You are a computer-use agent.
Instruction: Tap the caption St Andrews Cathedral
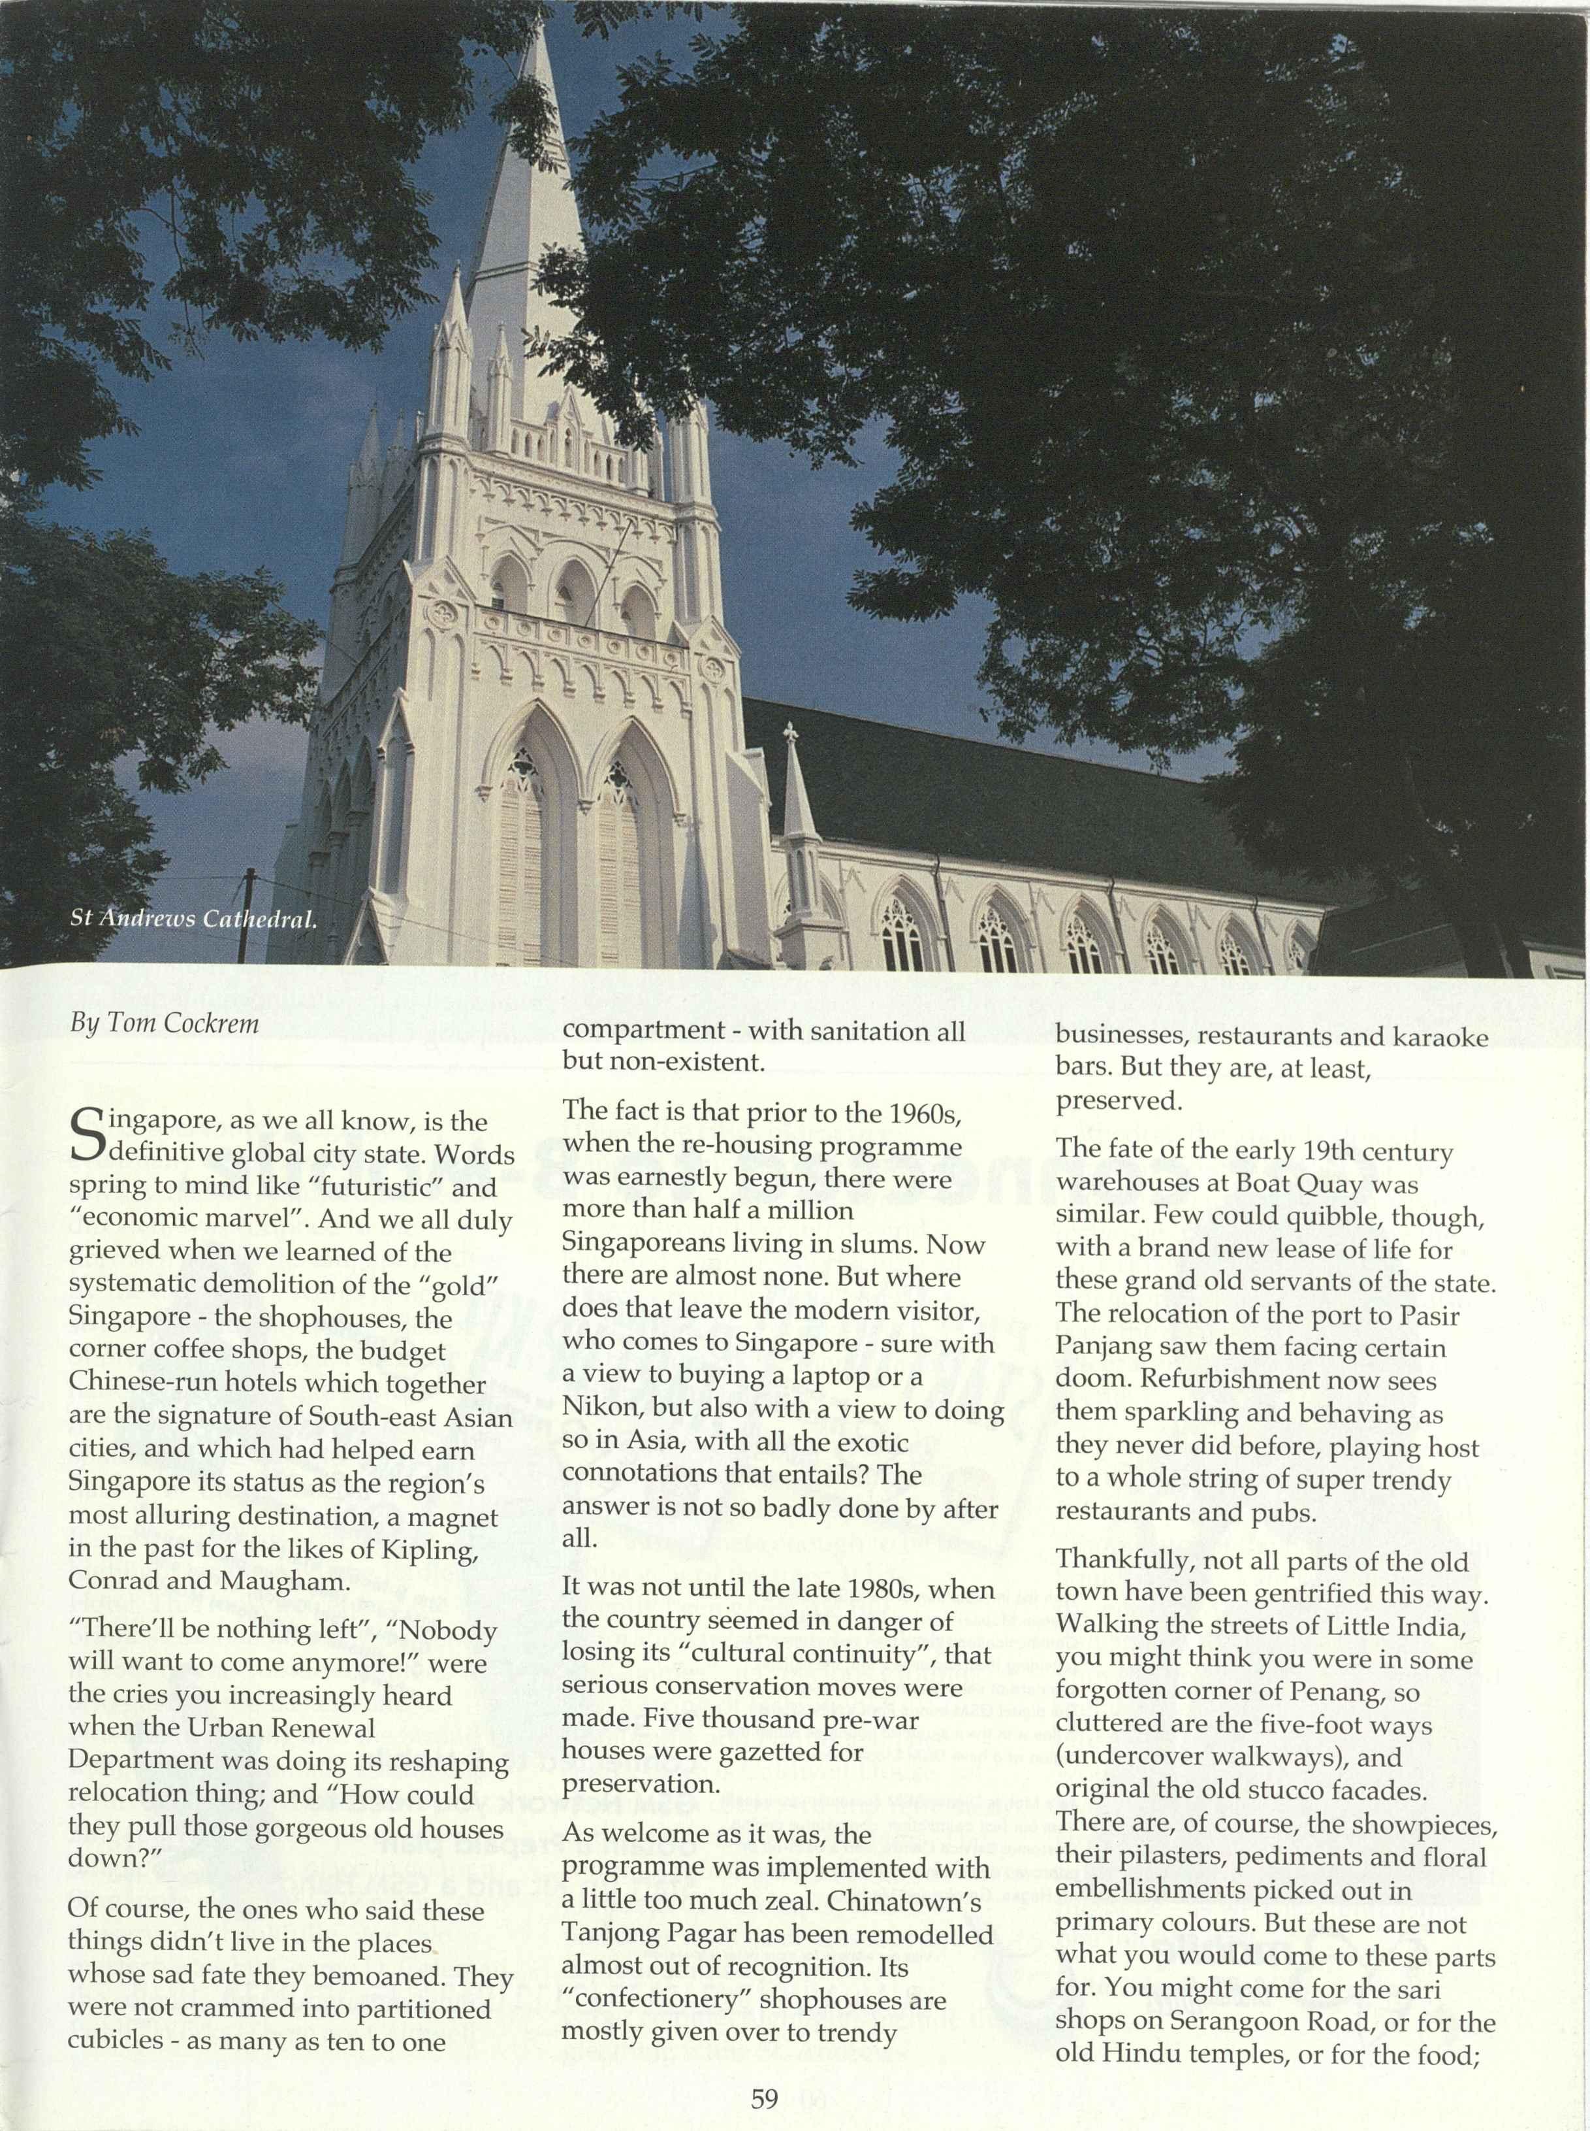tap(193, 919)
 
